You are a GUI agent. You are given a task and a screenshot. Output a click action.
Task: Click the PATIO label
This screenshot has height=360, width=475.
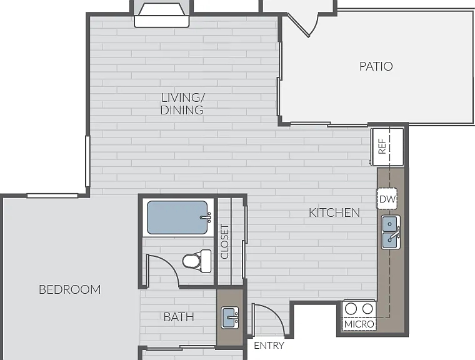376,66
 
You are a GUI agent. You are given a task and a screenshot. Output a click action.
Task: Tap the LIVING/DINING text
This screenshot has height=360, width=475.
182,104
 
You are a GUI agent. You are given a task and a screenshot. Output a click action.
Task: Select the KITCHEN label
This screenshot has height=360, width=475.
334,212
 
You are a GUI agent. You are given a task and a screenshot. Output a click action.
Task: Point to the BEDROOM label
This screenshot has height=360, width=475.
70,289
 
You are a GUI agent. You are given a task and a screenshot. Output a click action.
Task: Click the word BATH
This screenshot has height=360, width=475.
179,317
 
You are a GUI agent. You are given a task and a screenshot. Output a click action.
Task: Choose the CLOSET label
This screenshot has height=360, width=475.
225,241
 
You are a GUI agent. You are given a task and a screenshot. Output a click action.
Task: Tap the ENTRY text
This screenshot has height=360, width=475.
269,345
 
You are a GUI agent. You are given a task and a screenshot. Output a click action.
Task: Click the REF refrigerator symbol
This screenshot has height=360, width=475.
387,147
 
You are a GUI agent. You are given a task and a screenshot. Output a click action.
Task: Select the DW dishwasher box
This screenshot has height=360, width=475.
387,199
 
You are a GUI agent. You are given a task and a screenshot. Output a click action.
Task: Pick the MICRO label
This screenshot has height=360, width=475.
359,324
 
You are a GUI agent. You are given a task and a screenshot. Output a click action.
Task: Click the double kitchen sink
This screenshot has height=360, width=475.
391,232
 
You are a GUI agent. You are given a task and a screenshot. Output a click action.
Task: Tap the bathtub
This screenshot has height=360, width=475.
177,217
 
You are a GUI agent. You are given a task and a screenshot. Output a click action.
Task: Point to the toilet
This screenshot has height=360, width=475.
197,261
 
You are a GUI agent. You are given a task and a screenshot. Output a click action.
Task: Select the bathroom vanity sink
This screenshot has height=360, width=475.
230,317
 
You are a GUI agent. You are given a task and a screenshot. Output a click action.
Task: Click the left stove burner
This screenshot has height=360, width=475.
351,309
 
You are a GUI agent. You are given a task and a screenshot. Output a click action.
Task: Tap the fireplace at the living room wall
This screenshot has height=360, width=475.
161,16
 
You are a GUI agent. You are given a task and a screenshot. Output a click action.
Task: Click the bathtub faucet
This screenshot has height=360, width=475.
206,217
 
